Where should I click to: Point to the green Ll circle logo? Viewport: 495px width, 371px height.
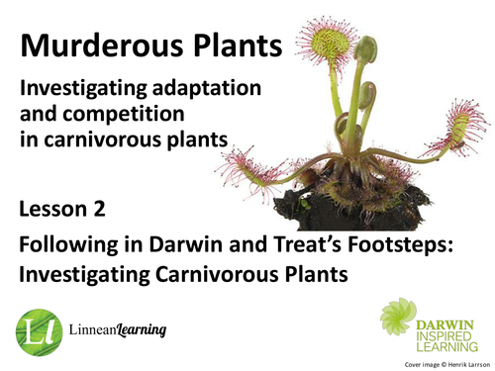pos(39,327)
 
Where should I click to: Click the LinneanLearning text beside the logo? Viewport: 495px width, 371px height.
pos(115,328)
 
